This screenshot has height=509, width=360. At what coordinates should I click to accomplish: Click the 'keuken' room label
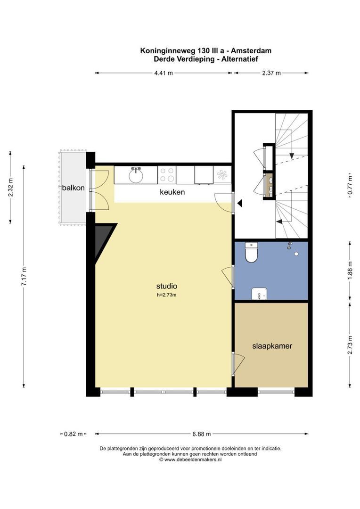(x=172, y=192)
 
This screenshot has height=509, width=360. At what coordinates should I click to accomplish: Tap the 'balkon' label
(x=74, y=188)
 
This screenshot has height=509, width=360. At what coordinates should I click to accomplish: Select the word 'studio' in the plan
(x=166, y=286)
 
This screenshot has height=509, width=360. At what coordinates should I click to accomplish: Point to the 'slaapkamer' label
(x=272, y=346)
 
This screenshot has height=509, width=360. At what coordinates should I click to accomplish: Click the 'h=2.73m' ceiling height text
(x=166, y=295)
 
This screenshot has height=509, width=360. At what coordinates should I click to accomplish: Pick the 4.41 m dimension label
(x=164, y=73)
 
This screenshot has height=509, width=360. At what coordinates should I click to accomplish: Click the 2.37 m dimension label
(x=271, y=73)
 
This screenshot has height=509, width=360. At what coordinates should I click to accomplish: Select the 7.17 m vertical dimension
(x=24, y=276)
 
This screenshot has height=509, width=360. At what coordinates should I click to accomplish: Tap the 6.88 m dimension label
(x=201, y=434)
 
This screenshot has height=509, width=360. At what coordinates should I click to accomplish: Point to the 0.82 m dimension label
(x=74, y=434)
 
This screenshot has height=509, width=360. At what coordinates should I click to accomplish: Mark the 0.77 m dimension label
(x=350, y=185)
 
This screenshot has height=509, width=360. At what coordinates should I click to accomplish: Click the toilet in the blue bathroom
(x=251, y=252)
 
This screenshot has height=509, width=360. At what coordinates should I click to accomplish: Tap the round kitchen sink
(x=136, y=176)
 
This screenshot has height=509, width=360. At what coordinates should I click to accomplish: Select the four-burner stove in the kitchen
(x=167, y=175)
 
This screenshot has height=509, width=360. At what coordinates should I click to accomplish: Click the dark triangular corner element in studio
(x=103, y=238)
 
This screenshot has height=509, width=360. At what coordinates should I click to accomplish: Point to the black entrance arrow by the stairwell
(x=239, y=203)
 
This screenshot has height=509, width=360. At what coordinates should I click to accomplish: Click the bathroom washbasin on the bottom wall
(x=259, y=294)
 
